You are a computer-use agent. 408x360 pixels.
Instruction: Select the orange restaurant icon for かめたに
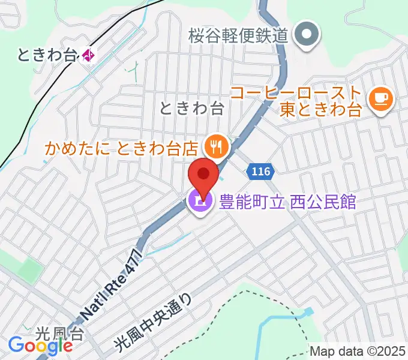tap(214, 145)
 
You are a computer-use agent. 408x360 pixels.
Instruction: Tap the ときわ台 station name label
tap(48, 56)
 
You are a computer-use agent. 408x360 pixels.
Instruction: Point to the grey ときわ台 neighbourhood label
tap(191, 108)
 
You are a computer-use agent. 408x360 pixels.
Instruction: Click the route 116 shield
tap(261, 172)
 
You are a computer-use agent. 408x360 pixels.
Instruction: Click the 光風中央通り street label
tap(154, 322)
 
